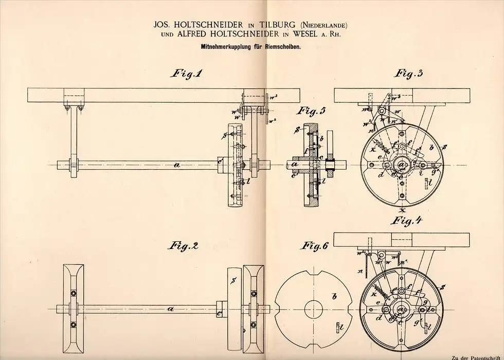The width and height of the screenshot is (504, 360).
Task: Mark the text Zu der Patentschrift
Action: (x=475, y=356)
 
